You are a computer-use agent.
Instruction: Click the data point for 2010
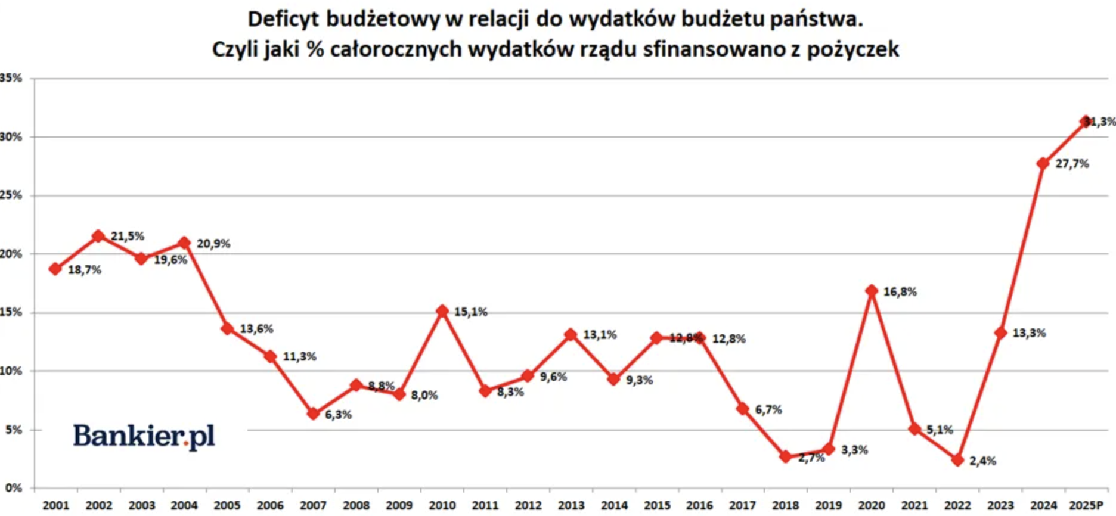pyautogui.click(x=442, y=311)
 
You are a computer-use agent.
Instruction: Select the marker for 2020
pyautogui.click(x=872, y=291)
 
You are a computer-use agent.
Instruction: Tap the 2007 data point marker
pyautogui.click(x=313, y=414)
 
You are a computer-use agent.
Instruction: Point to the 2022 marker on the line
pyautogui.click(x=957, y=460)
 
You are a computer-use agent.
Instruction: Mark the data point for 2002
pyautogui.click(x=98, y=236)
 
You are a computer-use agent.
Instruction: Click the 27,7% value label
pyautogui.click(x=1072, y=164)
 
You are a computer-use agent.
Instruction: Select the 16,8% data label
pyautogui.click(x=900, y=292)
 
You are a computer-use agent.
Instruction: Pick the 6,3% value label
pyautogui.click(x=338, y=415)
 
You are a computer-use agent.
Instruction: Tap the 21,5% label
pyautogui.click(x=128, y=237)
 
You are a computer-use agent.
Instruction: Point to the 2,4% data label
pyautogui.click(x=982, y=461)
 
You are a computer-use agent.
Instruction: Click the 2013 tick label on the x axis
pyautogui.click(x=571, y=505)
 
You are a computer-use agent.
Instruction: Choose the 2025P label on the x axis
pyautogui.click(x=1086, y=505)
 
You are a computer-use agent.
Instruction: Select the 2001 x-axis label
pyautogui.click(x=55, y=505)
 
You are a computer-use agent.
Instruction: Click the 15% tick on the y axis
pyautogui.click(x=11, y=312)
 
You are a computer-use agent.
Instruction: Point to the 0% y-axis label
pyautogui.click(x=14, y=488)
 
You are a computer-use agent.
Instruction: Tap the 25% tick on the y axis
pyautogui.click(x=11, y=195)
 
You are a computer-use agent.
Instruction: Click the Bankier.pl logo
pyautogui.click(x=144, y=436)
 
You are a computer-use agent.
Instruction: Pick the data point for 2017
pyautogui.click(x=742, y=409)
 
